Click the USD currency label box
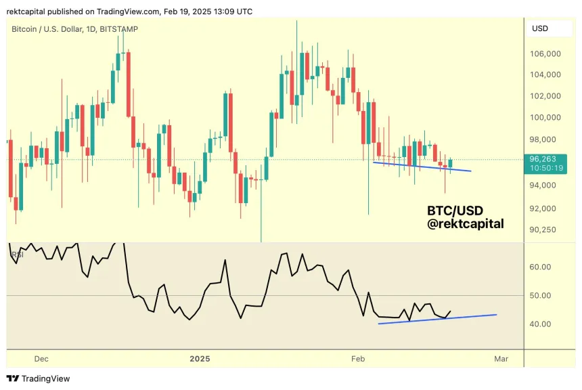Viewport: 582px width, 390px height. [x=540, y=28]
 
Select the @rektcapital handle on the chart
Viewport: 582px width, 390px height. [x=466, y=223]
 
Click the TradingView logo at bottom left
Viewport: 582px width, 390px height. [x=39, y=378]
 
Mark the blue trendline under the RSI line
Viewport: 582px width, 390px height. [x=437, y=319]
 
